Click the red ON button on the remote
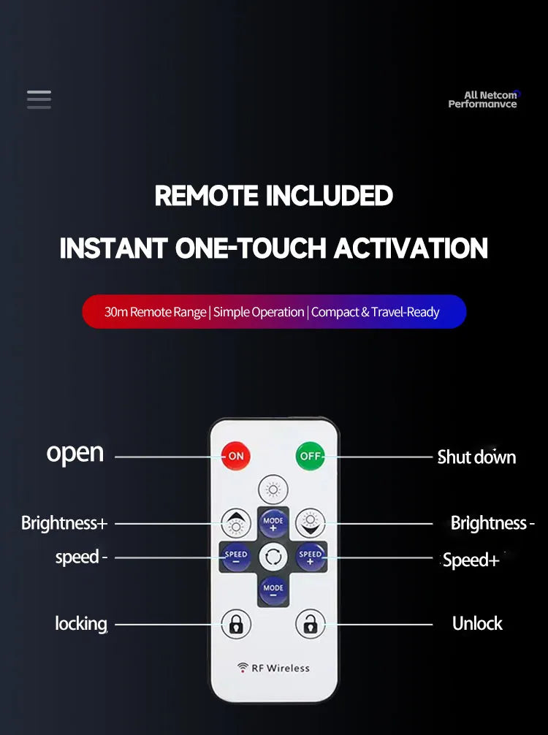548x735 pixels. pyautogui.click(x=236, y=456)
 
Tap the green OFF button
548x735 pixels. pyautogui.click(x=311, y=456)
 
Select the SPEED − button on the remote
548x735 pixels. pyautogui.click(x=236, y=557)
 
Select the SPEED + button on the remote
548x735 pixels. pyautogui.click(x=311, y=557)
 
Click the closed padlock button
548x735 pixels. pyautogui.click(x=236, y=624)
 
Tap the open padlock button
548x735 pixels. pyautogui.click(x=311, y=624)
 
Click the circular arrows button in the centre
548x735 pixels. pyautogui.click(x=273, y=557)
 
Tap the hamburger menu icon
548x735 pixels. pyautogui.click(x=39, y=99)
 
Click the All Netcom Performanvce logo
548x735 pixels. pyautogui.click(x=484, y=99)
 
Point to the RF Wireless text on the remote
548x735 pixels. pyautogui.click(x=274, y=668)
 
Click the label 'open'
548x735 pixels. pyautogui.click(x=75, y=454)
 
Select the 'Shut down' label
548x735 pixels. pyautogui.click(x=476, y=457)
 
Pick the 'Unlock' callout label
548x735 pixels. pyautogui.click(x=477, y=623)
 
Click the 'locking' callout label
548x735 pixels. pyautogui.click(x=81, y=624)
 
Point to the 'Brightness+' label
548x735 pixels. pyautogui.click(x=64, y=522)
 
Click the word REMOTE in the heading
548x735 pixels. pyautogui.click(x=206, y=196)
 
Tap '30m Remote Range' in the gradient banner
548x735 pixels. pyautogui.click(x=155, y=312)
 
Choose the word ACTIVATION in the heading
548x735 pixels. pyautogui.click(x=411, y=248)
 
